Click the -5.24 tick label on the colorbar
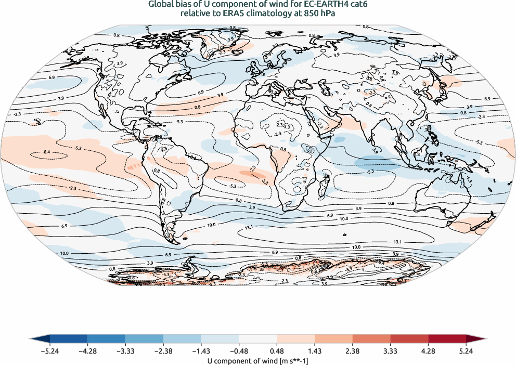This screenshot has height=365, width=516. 49,351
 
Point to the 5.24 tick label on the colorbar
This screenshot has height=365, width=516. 466,351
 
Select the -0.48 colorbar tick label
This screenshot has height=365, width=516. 239,351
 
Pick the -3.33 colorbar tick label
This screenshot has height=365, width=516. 125,351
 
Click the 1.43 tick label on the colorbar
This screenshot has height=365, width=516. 315,351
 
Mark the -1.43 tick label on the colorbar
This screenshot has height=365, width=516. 201,351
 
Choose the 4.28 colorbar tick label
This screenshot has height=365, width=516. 428,351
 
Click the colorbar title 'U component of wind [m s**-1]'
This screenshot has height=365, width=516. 257,359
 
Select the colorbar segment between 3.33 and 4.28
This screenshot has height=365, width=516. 409,340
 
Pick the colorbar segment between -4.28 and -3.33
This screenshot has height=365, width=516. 106,340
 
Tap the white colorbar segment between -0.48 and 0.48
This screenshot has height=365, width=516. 257,340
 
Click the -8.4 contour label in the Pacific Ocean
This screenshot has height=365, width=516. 47,152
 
